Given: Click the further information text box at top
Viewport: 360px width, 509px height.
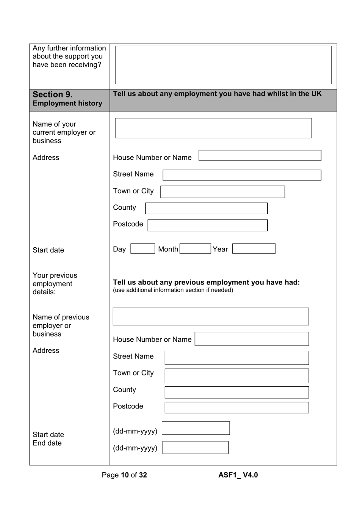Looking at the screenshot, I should click(x=223, y=65).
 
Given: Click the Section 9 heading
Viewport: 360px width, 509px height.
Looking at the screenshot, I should click(x=52, y=94).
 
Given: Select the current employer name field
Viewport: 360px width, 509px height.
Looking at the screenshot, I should click(x=213, y=128).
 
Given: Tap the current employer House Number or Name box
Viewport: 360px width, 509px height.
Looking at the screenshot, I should click(x=260, y=156).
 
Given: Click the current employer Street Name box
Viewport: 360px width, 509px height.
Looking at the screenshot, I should click(x=242, y=175).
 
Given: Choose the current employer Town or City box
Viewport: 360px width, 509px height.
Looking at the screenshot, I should click(x=222, y=192).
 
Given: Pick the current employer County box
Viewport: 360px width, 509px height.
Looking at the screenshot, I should click(x=206, y=208).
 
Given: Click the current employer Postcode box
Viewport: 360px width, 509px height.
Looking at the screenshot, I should click(x=207, y=225).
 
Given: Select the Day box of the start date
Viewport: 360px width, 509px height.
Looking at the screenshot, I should click(x=142, y=249).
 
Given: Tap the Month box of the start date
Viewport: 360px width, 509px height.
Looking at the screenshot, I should click(x=195, y=249).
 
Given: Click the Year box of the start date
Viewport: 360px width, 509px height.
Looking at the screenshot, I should click(x=254, y=249).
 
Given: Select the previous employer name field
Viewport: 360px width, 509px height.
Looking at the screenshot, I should click(x=211, y=316).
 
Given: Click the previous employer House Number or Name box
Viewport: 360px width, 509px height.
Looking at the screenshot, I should click(x=252, y=339).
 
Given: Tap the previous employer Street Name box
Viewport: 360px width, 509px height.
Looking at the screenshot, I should click(x=236, y=358).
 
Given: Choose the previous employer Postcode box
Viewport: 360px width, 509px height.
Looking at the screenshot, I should click(x=236, y=407).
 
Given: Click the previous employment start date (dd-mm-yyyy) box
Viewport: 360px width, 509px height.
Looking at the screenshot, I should click(x=196, y=428).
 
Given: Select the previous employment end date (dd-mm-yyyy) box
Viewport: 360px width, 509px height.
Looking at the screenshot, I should click(x=195, y=448).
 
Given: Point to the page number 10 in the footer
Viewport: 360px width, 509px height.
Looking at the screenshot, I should click(x=125, y=475).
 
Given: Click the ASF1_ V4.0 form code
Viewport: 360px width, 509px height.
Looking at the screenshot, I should click(x=238, y=475).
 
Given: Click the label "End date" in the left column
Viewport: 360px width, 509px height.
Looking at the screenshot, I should click(x=47, y=443).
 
